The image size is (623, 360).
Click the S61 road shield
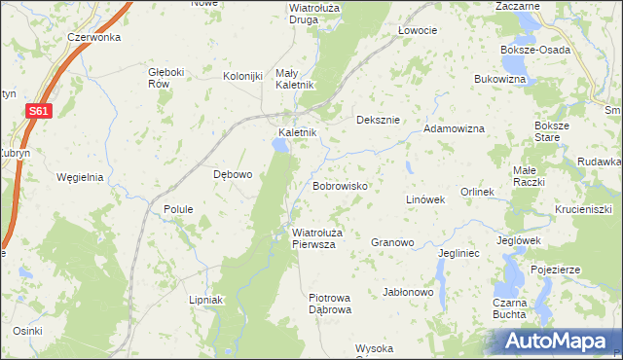coord(37,113)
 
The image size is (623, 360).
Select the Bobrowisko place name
coord(339,184)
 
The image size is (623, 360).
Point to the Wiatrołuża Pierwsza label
coord(314,238)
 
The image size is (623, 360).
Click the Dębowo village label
coord(233,175)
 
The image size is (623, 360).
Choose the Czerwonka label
coord(93,37)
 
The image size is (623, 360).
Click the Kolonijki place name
coord(243,77)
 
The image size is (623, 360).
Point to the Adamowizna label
coord(454,127)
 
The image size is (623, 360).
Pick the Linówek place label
coord(424,199)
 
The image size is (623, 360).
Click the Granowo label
coord(393,242)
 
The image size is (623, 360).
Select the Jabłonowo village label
coord(408,292)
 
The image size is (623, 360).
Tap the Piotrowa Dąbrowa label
coord(329,304)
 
